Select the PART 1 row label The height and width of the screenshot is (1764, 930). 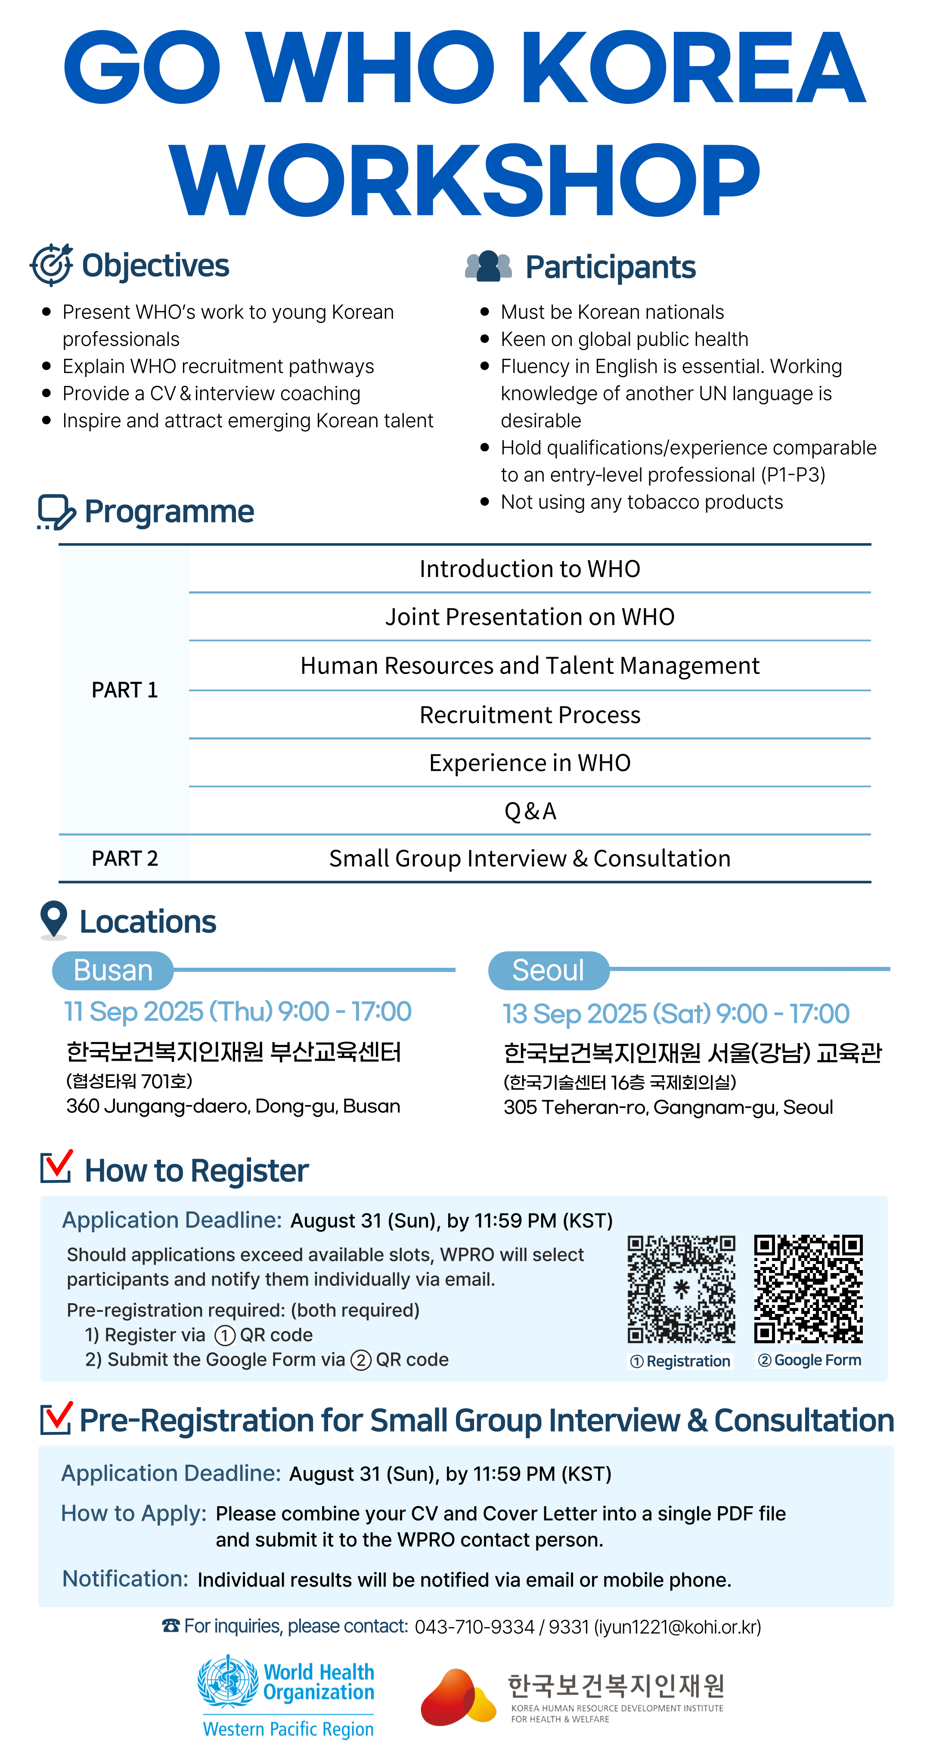click(124, 689)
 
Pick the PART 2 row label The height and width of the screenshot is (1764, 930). click(124, 858)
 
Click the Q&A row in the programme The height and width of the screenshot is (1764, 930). click(530, 811)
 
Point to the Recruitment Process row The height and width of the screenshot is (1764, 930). click(530, 714)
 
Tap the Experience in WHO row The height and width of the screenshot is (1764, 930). click(530, 763)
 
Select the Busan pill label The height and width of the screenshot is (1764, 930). click(113, 970)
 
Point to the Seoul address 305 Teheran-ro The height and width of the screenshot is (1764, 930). click(668, 1107)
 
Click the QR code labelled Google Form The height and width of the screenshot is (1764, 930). click(808, 1289)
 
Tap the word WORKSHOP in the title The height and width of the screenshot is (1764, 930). click(464, 180)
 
